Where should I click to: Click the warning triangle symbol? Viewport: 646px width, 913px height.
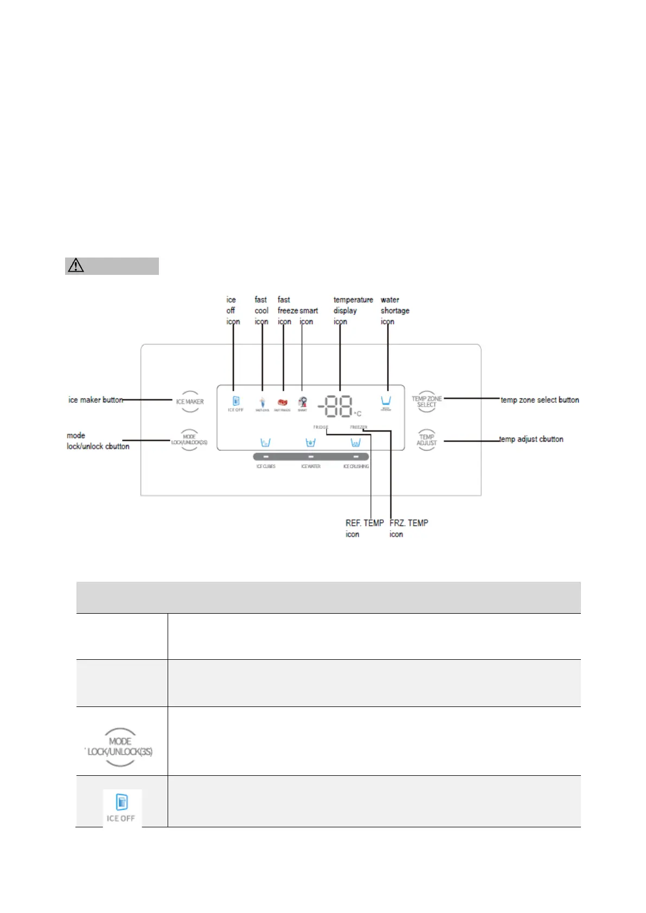(76, 266)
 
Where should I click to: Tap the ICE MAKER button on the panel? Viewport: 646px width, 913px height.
(190, 402)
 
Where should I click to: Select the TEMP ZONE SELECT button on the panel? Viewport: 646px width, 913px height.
(427, 402)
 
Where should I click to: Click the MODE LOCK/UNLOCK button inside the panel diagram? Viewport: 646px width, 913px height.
(189, 440)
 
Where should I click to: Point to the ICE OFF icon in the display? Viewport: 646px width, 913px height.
(236, 403)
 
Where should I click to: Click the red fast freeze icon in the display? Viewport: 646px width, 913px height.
(283, 403)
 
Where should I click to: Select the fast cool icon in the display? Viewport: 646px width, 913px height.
(263, 403)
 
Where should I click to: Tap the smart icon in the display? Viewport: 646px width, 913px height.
(303, 403)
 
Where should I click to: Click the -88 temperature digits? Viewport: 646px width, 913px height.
(336, 406)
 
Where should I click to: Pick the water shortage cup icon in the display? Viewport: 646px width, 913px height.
(386, 402)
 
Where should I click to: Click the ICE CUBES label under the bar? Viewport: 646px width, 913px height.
(266, 466)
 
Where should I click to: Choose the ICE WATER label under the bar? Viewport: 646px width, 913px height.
(311, 466)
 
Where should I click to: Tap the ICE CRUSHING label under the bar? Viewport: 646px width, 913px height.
(356, 466)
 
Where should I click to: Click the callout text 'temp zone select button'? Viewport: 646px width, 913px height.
(540, 400)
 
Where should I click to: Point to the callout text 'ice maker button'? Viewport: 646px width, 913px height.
(95, 400)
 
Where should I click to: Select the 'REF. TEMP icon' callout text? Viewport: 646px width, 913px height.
(364, 529)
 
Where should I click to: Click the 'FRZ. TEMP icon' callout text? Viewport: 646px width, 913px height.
(408, 529)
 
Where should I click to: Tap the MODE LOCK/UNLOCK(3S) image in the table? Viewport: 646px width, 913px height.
(120, 747)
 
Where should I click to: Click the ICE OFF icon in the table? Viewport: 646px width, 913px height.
(122, 807)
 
